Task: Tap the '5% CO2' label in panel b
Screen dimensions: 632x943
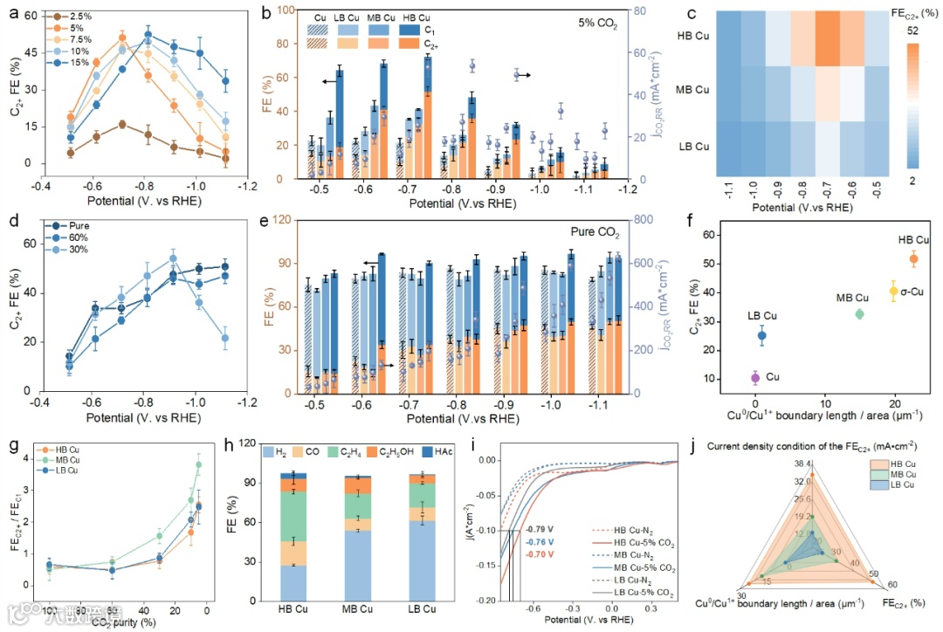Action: pos(598,26)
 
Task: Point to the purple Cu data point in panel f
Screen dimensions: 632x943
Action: pos(755,378)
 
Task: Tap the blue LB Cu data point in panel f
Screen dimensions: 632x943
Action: pos(761,335)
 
